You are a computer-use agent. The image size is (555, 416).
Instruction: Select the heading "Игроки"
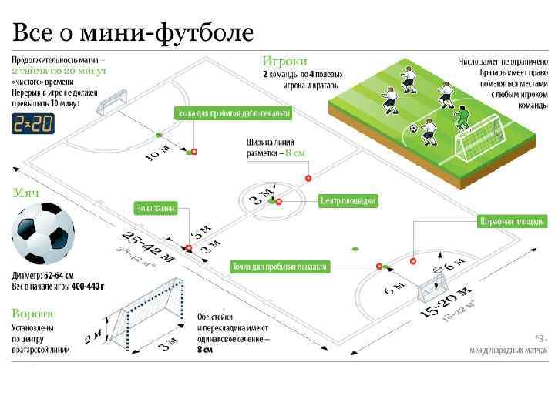click(284, 60)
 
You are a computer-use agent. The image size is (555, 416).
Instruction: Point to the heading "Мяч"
click(25, 192)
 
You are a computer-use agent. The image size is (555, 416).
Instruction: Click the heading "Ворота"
click(32, 314)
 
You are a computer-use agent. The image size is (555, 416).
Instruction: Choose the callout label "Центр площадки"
click(348, 200)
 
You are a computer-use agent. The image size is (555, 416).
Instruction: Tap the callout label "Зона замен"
click(156, 208)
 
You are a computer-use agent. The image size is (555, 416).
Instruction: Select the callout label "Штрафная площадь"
click(506, 222)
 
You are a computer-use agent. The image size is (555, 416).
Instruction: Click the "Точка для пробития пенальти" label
click(280, 267)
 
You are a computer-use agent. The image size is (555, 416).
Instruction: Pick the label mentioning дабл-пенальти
click(234, 114)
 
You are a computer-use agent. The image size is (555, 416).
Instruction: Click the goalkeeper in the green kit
click(462, 117)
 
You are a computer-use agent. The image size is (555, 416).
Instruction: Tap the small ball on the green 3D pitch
click(412, 129)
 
